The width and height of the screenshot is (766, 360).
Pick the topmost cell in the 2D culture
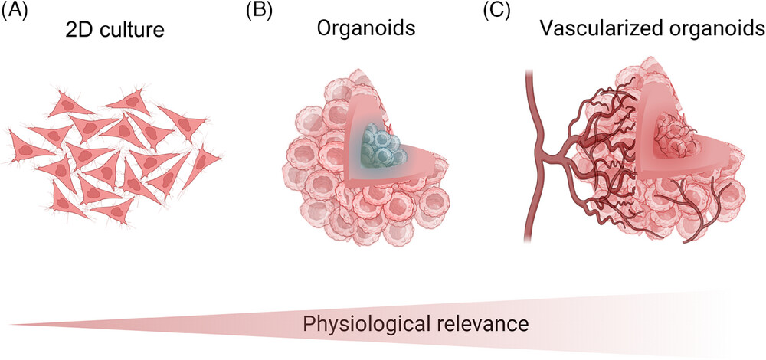point(126,99)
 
